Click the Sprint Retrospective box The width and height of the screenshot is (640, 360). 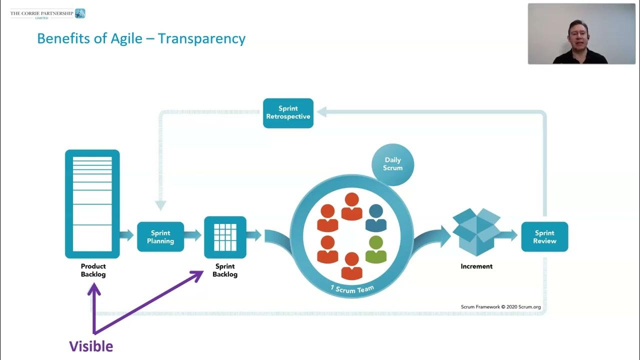288,113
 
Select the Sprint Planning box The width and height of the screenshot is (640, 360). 160,237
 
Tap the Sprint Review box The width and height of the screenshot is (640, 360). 544,237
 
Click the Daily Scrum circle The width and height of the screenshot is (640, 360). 393,164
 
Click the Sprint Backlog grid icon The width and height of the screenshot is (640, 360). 225,237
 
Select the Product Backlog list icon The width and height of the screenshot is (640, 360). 92,204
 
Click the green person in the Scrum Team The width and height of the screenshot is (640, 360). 376,249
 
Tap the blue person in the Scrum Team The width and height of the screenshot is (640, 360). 376,218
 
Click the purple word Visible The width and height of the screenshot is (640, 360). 91,346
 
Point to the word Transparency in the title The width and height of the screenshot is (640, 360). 201,38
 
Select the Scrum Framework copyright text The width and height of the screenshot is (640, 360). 500,306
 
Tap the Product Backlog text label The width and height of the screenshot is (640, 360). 93,270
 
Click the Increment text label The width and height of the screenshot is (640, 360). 476,266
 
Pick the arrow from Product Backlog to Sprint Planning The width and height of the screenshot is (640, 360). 127,235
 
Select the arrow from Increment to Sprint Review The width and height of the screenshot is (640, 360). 509,235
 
